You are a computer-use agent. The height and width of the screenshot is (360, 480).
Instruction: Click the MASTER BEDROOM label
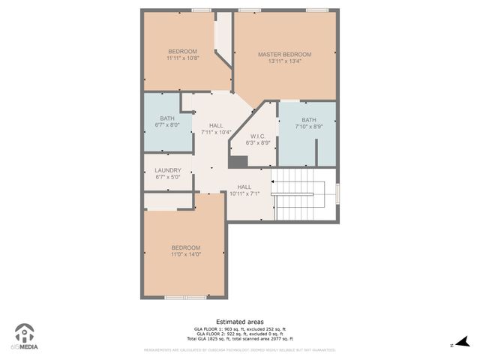[x=284, y=55]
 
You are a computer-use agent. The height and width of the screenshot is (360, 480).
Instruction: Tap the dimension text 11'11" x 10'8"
[x=182, y=58]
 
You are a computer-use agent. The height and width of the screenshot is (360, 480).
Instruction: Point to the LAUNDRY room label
[x=168, y=170]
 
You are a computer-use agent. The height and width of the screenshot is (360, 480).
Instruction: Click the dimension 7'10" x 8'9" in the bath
[x=309, y=126]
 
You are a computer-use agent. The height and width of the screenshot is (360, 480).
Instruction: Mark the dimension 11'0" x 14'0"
[x=185, y=254]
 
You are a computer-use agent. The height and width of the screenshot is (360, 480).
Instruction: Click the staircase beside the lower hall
[x=303, y=195]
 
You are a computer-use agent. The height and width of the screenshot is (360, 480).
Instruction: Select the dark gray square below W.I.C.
[x=238, y=162]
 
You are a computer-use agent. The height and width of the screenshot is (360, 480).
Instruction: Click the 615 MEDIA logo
[x=26, y=337]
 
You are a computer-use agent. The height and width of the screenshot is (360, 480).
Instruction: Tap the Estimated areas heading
[x=239, y=322]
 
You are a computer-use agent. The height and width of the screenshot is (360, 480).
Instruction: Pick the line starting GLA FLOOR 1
[x=240, y=329]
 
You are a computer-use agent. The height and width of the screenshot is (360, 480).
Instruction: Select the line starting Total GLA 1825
[x=240, y=339]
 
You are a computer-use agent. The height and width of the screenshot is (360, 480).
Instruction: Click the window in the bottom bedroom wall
[x=185, y=298]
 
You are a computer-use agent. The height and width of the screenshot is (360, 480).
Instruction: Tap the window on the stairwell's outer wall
[x=337, y=193]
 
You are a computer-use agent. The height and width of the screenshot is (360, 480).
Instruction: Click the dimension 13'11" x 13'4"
[x=284, y=61]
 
